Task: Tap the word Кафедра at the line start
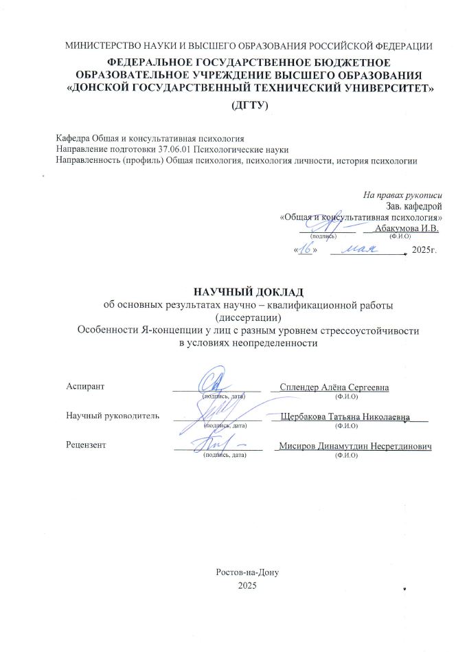point(72,139)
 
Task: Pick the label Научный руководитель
point(112,416)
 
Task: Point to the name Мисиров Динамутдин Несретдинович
point(353,446)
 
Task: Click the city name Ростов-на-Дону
point(247,572)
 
